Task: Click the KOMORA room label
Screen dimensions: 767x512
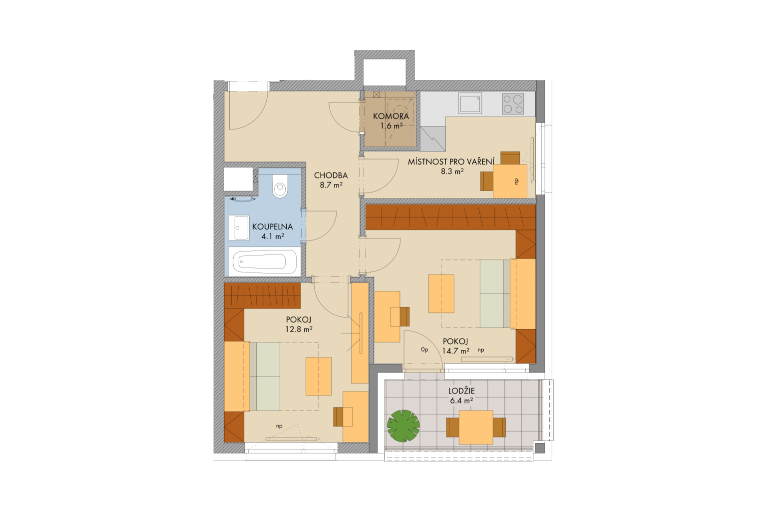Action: [x=390, y=116]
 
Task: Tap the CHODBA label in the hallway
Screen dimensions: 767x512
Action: [x=331, y=175]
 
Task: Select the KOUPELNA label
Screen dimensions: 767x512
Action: [x=273, y=226]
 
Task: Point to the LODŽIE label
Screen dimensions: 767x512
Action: [x=461, y=390]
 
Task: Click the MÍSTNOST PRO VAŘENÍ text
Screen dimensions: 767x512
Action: [x=451, y=162]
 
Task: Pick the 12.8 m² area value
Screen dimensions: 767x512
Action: [x=299, y=329]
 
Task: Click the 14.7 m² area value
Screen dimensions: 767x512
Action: [x=455, y=351]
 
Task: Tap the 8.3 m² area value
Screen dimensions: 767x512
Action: [x=452, y=171]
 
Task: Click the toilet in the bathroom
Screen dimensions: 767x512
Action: [x=281, y=185]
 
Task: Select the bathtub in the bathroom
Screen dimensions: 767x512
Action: [x=264, y=261]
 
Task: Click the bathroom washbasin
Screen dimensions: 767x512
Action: [x=242, y=227]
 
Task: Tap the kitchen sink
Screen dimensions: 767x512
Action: [x=470, y=103]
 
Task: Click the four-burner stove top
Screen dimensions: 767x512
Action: [x=513, y=104]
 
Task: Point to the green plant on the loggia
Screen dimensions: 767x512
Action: [x=403, y=426]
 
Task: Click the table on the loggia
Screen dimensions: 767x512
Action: [x=475, y=427]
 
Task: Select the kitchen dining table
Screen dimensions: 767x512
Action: [x=510, y=181]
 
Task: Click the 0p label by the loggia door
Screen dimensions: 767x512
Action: [x=424, y=349]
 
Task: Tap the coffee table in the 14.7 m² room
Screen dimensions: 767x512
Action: [x=441, y=293]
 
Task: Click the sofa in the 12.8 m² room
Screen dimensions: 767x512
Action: [x=265, y=376]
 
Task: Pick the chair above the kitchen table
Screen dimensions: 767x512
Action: [x=510, y=157]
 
